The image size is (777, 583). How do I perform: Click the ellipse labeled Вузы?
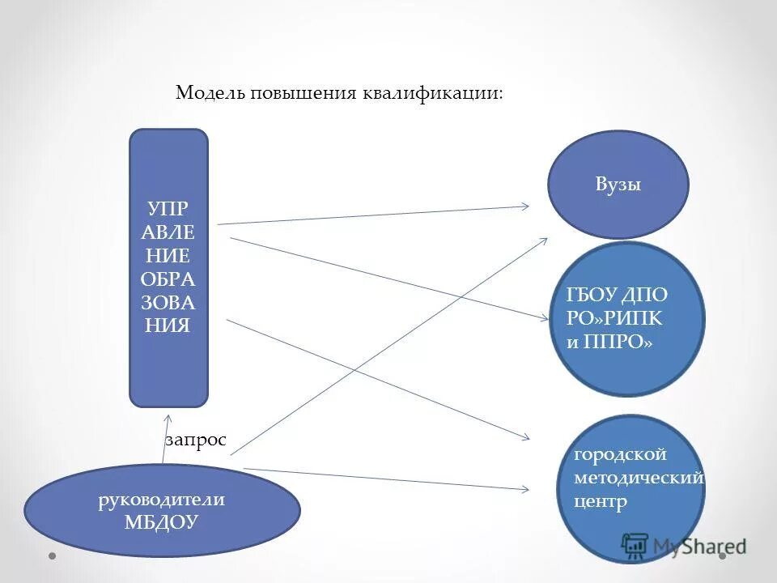tap(618, 185)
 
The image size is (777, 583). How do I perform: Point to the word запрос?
tap(196, 440)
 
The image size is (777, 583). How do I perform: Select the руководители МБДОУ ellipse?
tap(162, 510)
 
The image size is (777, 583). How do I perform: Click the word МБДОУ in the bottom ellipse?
tap(162, 522)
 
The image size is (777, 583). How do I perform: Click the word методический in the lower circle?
tap(639, 479)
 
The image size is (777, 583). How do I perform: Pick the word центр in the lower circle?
tap(601, 502)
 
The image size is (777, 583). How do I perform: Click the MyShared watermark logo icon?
tap(635, 546)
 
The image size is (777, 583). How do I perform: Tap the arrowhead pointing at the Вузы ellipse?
tap(525, 206)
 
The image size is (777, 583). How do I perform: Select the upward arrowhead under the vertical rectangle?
tap(168, 419)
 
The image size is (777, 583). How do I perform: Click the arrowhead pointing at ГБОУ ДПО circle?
tap(545, 317)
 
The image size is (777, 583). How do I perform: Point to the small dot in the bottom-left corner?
tap(52, 556)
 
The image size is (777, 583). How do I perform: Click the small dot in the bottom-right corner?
tap(723, 556)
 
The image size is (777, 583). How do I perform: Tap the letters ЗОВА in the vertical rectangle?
tap(168, 303)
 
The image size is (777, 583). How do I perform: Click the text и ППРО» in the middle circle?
tap(609, 342)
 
